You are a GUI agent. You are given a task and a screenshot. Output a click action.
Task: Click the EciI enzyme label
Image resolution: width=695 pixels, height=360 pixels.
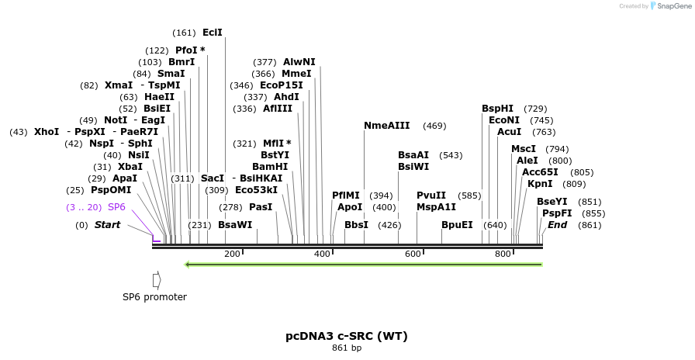pyautogui.click(x=212, y=33)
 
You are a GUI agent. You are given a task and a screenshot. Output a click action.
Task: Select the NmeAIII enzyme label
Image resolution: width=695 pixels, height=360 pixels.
pyautogui.click(x=386, y=126)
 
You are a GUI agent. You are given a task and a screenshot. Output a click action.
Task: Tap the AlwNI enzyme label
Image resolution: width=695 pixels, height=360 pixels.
pyautogui.click(x=299, y=62)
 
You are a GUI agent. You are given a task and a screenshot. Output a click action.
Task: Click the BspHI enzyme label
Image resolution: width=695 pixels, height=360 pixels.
pyautogui.click(x=497, y=109)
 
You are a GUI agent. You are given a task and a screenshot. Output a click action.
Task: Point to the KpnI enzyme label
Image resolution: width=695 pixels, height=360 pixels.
pyautogui.click(x=540, y=184)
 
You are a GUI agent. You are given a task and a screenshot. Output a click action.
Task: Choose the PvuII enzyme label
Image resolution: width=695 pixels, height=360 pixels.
pyautogui.click(x=430, y=196)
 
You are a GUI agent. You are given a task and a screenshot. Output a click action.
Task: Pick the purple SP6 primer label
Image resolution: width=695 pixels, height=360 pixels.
pyautogui.click(x=116, y=207)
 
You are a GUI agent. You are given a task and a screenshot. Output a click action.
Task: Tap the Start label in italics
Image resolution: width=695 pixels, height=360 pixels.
pyautogui.click(x=107, y=225)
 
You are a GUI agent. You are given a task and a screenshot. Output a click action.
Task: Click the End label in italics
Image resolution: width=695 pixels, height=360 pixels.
pyautogui.click(x=557, y=225)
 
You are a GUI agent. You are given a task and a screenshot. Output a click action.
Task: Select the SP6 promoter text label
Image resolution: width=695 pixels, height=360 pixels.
pyautogui.click(x=154, y=296)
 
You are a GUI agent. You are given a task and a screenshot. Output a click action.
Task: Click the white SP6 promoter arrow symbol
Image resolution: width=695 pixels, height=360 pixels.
pyautogui.click(x=157, y=279)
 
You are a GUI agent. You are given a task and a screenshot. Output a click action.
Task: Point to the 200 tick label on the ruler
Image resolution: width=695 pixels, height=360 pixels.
pyautogui.click(x=232, y=254)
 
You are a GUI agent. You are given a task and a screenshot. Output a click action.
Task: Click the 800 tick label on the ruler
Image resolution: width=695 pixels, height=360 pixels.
pyautogui.click(x=503, y=254)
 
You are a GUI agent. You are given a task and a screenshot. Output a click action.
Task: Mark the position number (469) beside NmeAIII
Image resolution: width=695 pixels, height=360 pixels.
pyautogui.click(x=434, y=126)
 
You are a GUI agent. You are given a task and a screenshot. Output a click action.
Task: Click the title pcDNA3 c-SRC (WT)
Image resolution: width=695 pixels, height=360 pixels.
pyautogui.click(x=347, y=336)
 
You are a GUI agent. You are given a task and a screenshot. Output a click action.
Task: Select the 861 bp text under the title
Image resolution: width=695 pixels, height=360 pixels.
pyautogui.click(x=347, y=348)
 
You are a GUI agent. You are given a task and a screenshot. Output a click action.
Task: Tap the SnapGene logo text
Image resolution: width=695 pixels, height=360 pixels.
pyautogui.click(x=672, y=5)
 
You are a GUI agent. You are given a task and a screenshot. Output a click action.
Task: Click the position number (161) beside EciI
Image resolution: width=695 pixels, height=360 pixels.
pyautogui.click(x=184, y=33)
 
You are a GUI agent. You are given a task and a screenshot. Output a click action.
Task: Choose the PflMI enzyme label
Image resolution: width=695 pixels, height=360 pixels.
pyautogui.click(x=346, y=196)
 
